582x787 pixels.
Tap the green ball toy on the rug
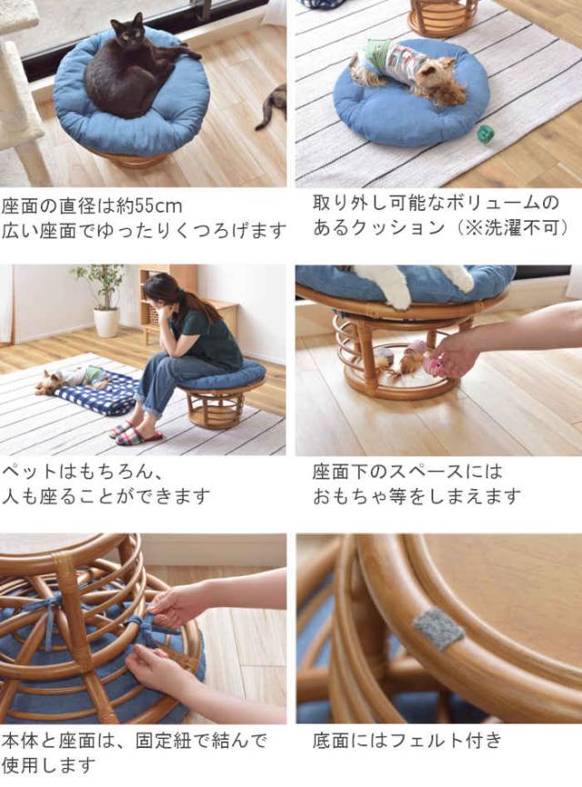486,134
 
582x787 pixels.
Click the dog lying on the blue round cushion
408,71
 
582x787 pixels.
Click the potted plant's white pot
106,323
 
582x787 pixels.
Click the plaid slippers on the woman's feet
135,434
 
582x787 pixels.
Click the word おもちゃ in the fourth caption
350,497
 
